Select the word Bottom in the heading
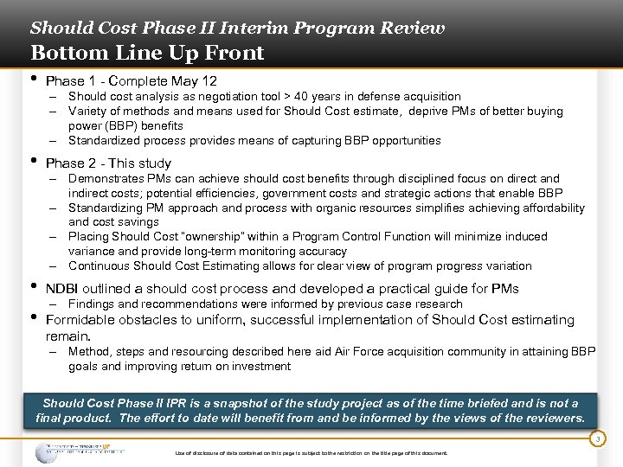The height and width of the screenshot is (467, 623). [x=61, y=54]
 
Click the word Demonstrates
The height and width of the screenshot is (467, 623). [x=107, y=179]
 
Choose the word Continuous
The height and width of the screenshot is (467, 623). [x=100, y=266]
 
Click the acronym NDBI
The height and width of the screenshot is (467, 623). [x=62, y=289]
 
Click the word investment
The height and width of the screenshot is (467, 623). [x=261, y=367]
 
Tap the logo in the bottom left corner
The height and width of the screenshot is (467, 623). [x=78, y=451]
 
